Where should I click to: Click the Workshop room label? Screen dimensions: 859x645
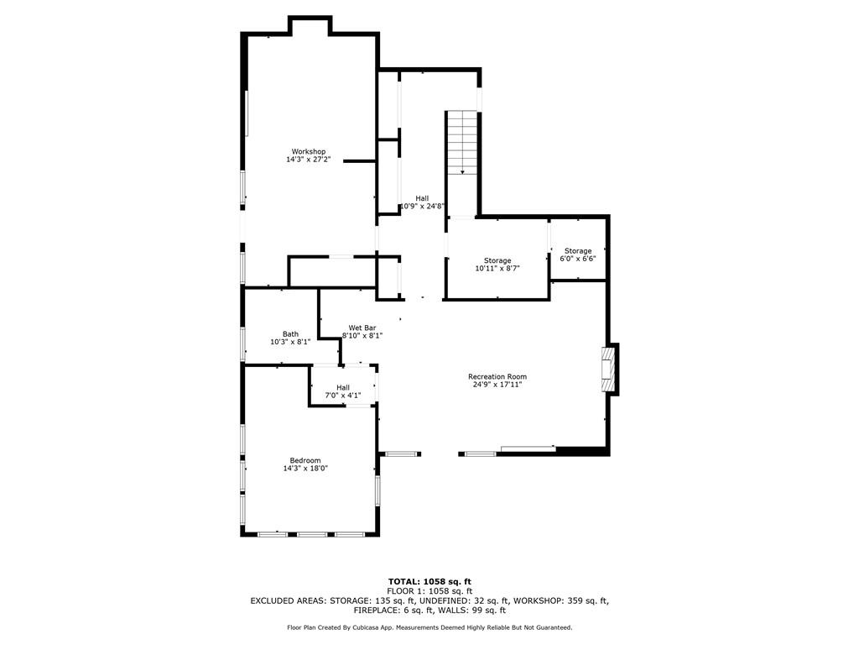pos(309,151)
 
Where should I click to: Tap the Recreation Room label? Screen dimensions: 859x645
pos(497,377)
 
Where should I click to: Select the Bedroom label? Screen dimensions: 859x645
pos(305,461)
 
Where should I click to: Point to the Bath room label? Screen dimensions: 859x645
pos(290,334)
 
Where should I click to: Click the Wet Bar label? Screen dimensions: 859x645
pos(362,328)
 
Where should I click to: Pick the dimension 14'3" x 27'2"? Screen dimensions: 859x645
pos(309,160)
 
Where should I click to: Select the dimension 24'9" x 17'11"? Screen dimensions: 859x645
pos(497,385)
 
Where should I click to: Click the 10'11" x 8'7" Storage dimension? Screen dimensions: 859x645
pos(497,268)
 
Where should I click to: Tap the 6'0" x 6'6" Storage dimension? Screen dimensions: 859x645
pos(578,259)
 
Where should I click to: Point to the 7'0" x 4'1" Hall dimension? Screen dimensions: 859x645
pos(343,396)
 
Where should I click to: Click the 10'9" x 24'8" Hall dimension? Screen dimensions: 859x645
pos(422,207)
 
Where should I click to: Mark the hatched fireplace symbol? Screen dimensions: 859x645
pos(607,369)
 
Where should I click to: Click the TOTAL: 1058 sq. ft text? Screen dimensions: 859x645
pos(429,581)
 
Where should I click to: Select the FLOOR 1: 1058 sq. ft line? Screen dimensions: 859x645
pos(429,591)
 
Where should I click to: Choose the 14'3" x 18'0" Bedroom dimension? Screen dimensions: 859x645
pos(305,469)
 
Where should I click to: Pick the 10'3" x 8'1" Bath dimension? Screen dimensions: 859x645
pos(290,342)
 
